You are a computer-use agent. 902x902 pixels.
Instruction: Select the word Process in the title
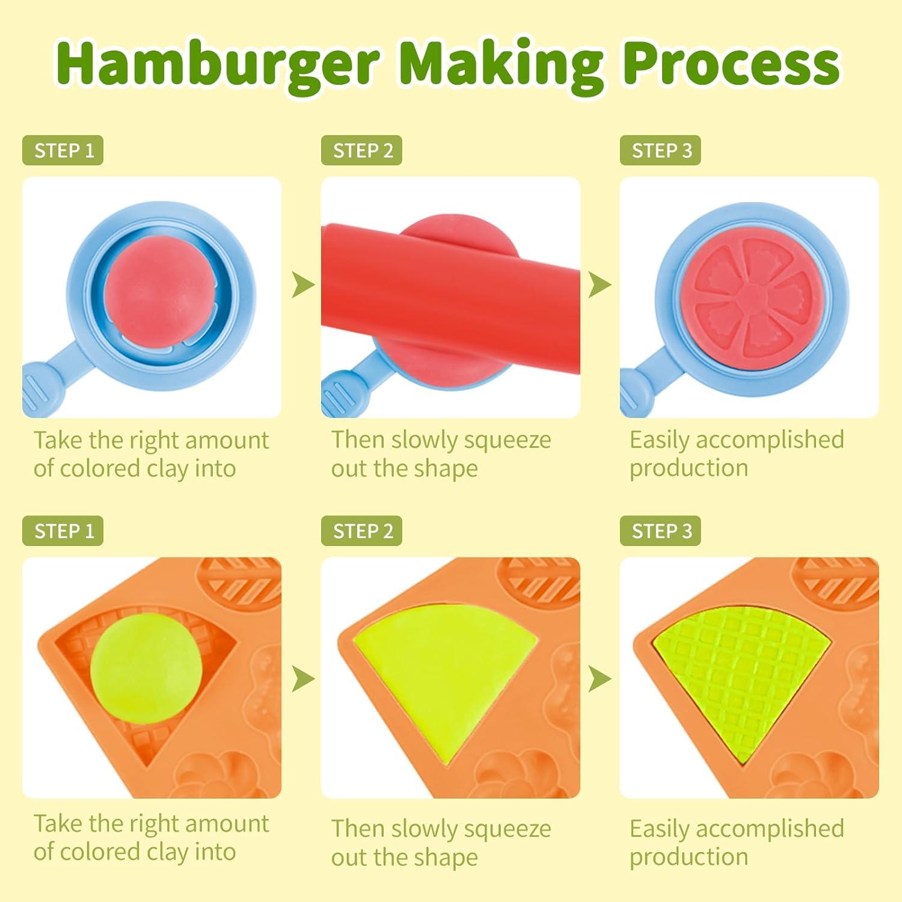click(731, 65)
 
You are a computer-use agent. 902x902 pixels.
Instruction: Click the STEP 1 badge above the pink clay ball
click(63, 150)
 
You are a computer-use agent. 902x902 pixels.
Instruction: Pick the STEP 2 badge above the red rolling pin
click(362, 150)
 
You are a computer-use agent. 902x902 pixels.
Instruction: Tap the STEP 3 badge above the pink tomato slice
click(661, 150)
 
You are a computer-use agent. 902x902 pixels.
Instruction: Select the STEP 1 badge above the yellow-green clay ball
click(63, 531)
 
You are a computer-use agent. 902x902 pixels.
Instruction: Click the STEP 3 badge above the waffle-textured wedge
click(661, 531)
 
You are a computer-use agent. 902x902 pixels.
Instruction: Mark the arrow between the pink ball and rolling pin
click(302, 284)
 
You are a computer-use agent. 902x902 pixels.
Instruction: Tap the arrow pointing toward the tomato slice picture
click(600, 284)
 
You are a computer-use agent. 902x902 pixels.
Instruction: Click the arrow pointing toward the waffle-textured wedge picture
click(600, 679)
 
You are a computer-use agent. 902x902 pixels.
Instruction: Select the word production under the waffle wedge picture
click(689, 857)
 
